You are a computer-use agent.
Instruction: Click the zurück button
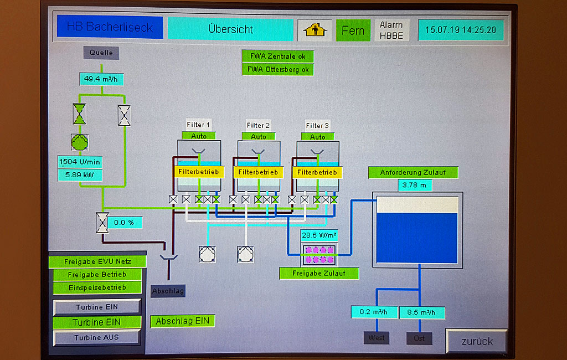coord(477,341)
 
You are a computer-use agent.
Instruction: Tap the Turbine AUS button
coord(96,337)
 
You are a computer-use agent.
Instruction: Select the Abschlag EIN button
coord(182,321)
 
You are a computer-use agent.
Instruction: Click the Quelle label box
coord(101,53)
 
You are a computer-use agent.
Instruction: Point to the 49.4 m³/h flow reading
coord(101,79)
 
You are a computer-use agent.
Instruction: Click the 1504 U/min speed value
coord(80,162)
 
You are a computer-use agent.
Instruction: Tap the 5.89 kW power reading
coord(80,175)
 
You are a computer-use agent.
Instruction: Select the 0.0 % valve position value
coord(125,223)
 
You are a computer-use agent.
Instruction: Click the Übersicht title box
coord(230,29)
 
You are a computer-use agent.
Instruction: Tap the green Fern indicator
coord(353,30)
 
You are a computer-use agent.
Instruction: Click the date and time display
coord(461,30)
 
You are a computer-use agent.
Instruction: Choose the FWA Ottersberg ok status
coord(277,70)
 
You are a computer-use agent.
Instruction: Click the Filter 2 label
coord(259,125)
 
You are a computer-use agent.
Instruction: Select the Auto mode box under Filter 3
coord(318,136)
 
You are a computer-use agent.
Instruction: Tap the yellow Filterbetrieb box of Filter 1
coord(199,172)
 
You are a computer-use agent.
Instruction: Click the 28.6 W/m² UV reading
coord(319,235)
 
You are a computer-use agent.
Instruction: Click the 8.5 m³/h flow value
coord(421,312)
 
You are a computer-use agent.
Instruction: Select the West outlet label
coord(376,338)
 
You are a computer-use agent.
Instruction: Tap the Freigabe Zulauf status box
coord(318,273)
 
